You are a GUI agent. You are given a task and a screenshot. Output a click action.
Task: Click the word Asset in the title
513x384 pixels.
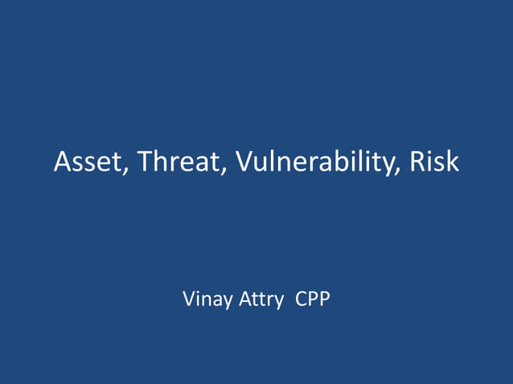coord(85,162)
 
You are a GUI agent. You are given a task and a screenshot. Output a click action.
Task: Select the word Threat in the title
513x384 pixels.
coord(175,162)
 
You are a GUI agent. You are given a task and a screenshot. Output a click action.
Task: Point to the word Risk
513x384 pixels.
coord(434,162)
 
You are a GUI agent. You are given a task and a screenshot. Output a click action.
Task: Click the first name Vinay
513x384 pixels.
coord(206,300)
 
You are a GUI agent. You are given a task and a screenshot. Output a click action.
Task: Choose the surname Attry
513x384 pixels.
coord(258,300)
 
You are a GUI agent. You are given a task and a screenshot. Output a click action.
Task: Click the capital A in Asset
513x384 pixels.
coord(63,162)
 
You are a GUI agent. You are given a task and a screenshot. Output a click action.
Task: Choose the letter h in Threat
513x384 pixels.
coord(158,162)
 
